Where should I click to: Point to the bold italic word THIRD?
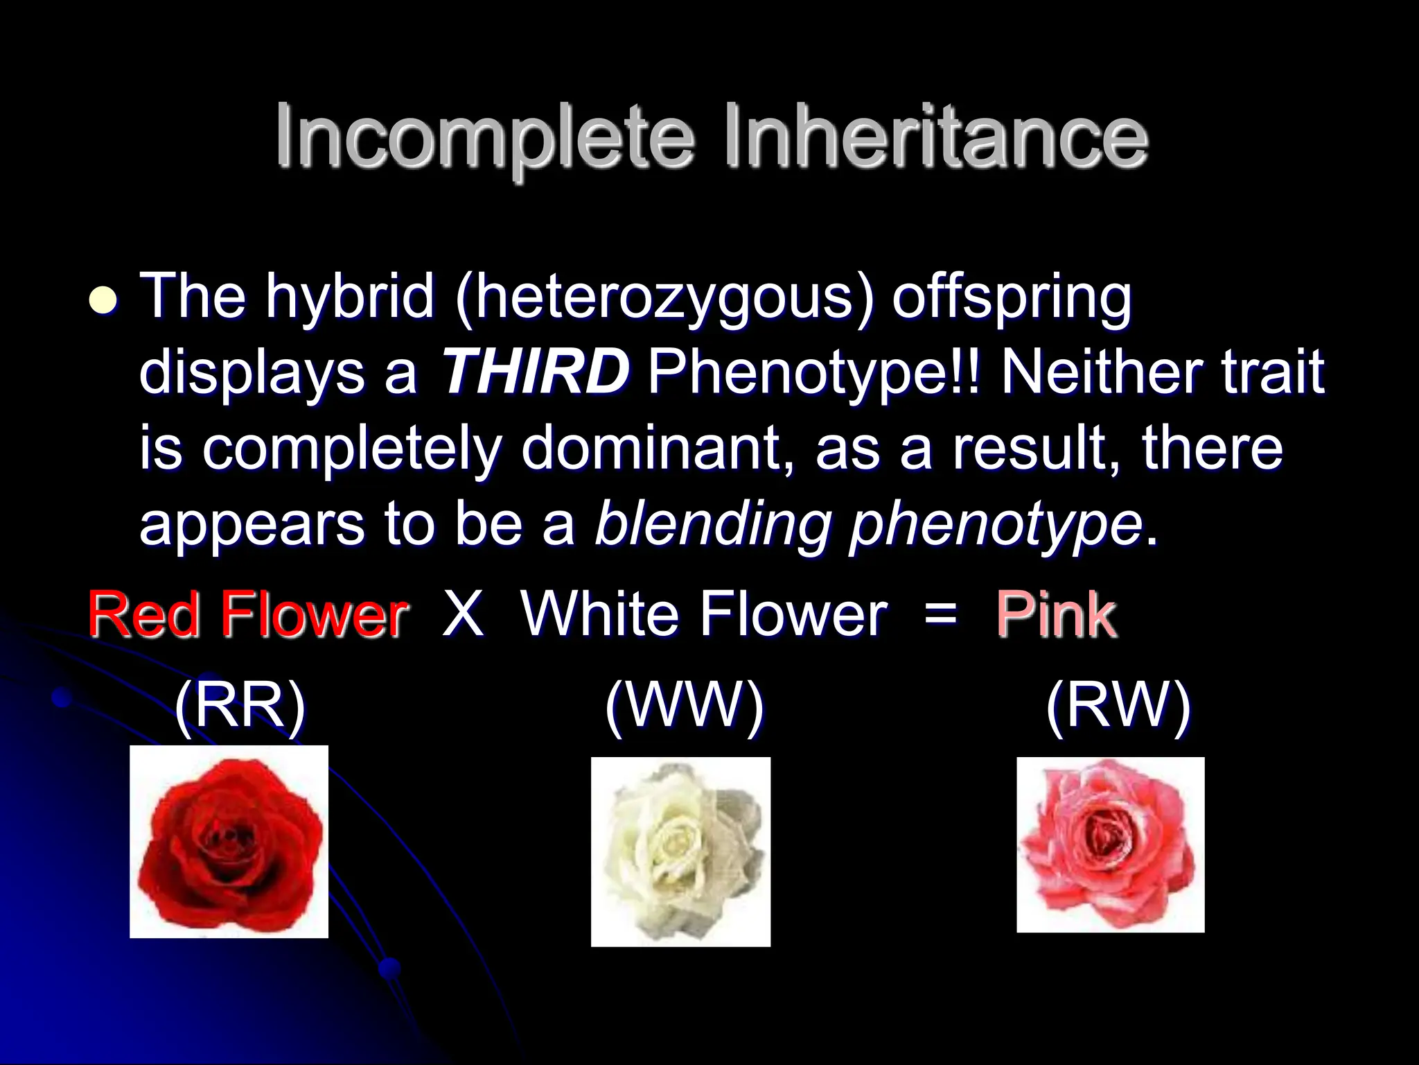[535, 372]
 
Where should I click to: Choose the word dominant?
[649, 448]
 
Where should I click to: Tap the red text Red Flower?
[247, 614]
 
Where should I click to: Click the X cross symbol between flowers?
[462, 614]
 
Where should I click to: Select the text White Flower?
[704, 614]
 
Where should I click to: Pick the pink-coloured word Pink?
[1055, 614]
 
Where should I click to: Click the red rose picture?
[229, 842]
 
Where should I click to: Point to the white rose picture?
[680, 851]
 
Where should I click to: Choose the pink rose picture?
[1110, 845]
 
